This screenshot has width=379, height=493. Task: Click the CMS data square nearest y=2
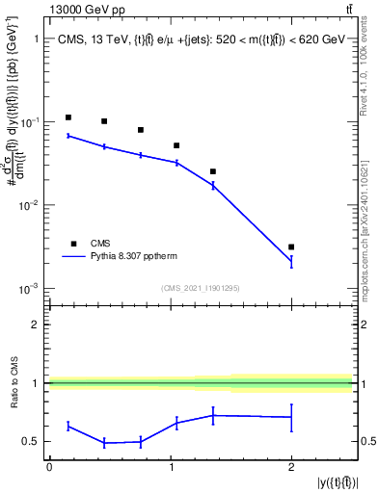(x=291, y=247)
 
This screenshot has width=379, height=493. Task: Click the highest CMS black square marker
(x=68, y=117)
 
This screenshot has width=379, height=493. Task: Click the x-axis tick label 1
(x=170, y=467)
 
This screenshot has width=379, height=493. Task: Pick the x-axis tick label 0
(x=48, y=467)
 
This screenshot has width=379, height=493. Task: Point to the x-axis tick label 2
(x=291, y=467)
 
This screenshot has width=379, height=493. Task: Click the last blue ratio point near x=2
(x=291, y=417)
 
